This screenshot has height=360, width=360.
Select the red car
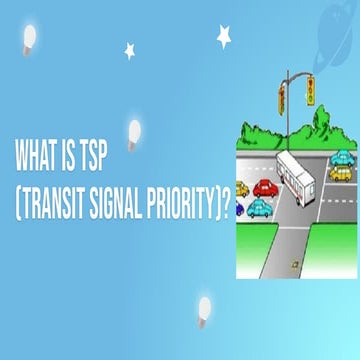click(265, 187)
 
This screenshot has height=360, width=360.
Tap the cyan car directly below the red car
click(258, 207)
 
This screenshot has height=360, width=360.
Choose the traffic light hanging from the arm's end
click(311, 89)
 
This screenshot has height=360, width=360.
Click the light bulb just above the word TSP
click(134, 130)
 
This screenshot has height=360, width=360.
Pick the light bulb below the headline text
click(205, 307)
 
